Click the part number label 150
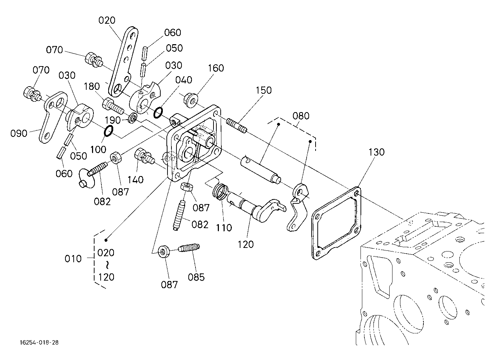(264, 91)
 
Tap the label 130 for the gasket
(377, 152)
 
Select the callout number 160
(216, 68)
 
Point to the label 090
(19, 134)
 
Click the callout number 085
(196, 277)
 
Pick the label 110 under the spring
(224, 228)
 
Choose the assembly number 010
(73, 259)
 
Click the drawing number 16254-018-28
(40, 342)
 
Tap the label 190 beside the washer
(112, 120)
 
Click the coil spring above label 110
(220, 192)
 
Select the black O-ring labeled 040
(158, 113)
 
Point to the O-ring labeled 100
(109, 131)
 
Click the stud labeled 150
(236, 125)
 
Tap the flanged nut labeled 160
(190, 101)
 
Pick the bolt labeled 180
(113, 106)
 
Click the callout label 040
(184, 80)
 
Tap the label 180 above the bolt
(92, 87)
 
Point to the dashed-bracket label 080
(301, 116)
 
